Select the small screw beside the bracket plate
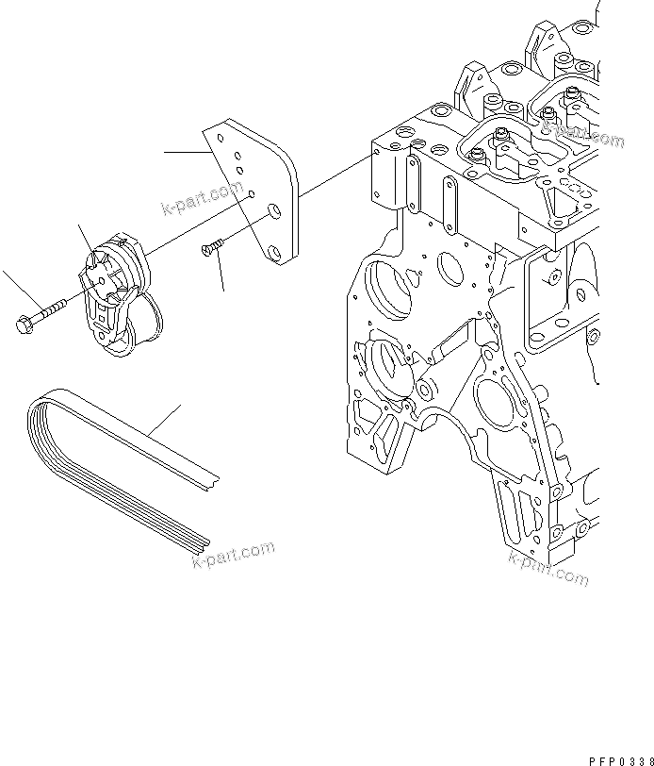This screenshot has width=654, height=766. pyautogui.click(x=210, y=247)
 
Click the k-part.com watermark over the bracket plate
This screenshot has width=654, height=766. pyautogui.click(x=204, y=198)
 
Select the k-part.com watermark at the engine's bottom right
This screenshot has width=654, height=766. pyautogui.click(x=548, y=569)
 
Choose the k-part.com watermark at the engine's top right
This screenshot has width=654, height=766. pyautogui.click(x=583, y=129)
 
